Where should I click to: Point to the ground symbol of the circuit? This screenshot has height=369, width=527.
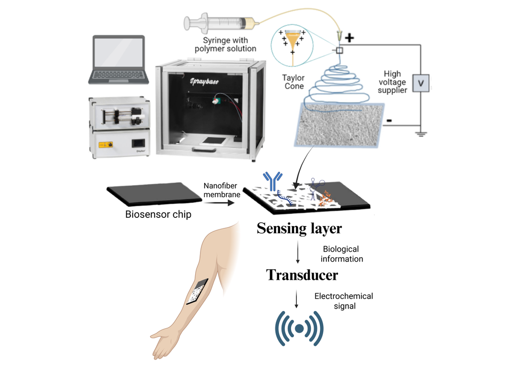click(421, 133)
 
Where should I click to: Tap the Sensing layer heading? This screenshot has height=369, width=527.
click(299, 228)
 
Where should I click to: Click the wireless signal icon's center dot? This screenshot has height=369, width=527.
click(299, 329)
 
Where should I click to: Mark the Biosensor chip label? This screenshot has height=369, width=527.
click(158, 214)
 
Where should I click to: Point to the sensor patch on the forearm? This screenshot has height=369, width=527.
click(198, 291)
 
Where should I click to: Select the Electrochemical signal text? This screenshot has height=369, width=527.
click(343, 301)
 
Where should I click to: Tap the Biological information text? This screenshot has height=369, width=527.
click(343, 254)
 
